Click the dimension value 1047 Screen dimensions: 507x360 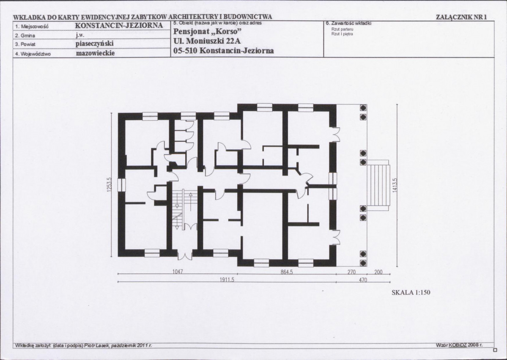[178, 272]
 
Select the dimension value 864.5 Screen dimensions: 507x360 [286, 272]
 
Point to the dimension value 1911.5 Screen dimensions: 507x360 [227, 280]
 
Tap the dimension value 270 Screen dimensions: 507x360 [351, 272]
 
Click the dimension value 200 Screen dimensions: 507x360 [378, 272]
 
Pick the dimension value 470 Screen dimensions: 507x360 [363, 280]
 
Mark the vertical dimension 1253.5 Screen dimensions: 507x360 [109, 184]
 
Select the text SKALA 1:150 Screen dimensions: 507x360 [411, 292]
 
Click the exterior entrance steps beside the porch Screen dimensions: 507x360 [378, 186]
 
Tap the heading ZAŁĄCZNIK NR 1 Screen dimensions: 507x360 [461, 17]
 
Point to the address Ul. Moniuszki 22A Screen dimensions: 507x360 [207, 41]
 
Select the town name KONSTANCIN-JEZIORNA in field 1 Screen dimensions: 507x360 [119, 25]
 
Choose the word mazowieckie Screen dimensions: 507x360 [96, 53]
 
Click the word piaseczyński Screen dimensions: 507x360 [95, 44]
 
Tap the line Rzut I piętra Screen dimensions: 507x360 [342, 34]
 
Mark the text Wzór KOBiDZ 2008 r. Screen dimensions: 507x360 [459, 345]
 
